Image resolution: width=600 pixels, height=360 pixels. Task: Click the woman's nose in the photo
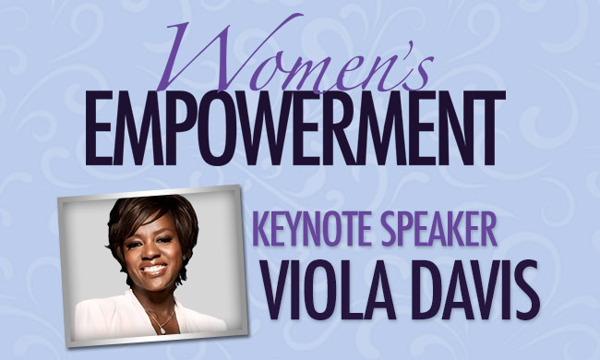(x=151, y=254)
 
